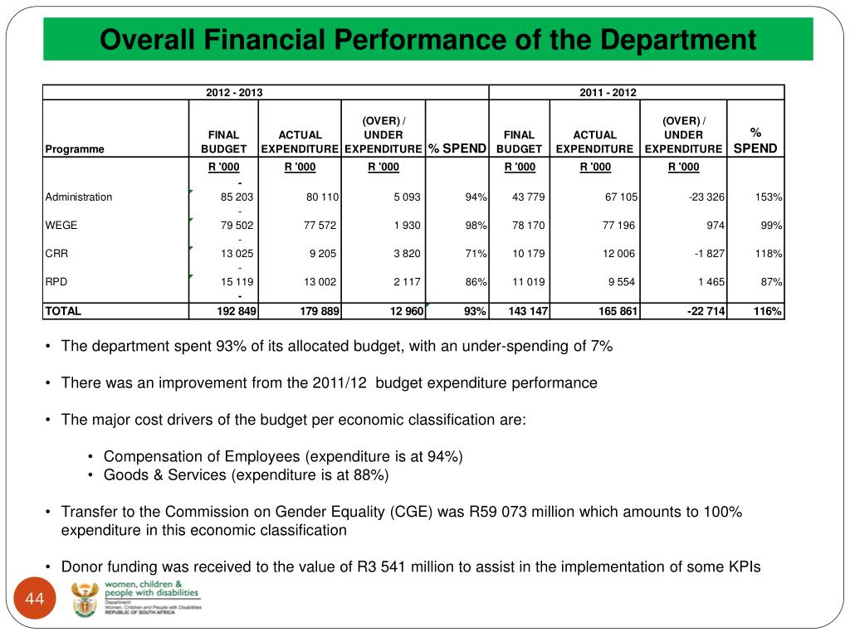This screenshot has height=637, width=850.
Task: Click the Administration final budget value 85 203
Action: [x=237, y=197]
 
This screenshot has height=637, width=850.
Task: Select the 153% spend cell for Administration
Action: [x=769, y=197]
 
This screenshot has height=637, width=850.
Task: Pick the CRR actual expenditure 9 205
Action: [x=320, y=254]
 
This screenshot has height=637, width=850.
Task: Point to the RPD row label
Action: [x=56, y=282]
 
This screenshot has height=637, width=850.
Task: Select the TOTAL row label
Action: [x=63, y=311]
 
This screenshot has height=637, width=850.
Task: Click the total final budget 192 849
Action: [x=235, y=311]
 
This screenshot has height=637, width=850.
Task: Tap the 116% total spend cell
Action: [x=768, y=311]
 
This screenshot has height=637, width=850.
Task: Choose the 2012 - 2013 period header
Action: [x=234, y=92]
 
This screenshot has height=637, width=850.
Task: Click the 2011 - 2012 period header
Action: [x=608, y=92]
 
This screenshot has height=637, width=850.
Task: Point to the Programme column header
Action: [x=75, y=149]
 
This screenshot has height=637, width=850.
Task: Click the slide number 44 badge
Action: [x=34, y=600]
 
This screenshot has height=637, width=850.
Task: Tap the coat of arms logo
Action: [x=85, y=599]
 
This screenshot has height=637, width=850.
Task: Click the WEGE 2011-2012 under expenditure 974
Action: [x=714, y=226]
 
